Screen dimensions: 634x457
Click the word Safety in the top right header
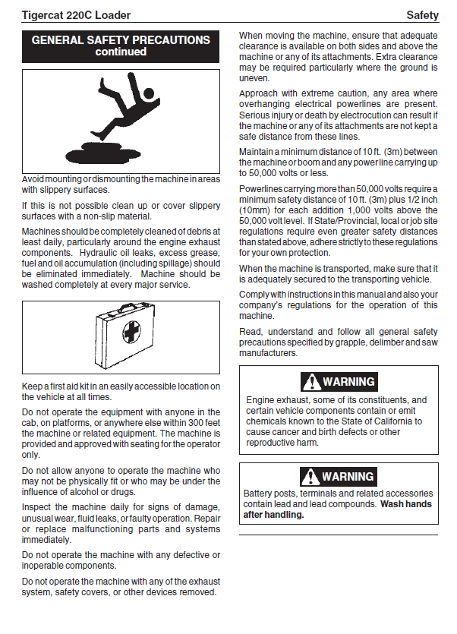(x=422, y=15)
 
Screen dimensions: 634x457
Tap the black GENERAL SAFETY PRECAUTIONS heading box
(x=121, y=46)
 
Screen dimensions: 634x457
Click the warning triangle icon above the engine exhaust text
(x=311, y=382)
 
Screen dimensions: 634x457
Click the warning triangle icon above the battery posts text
(x=311, y=477)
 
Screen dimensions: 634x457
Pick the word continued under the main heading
(x=121, y=52)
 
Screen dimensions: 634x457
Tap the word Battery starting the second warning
(x=260, y=494)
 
